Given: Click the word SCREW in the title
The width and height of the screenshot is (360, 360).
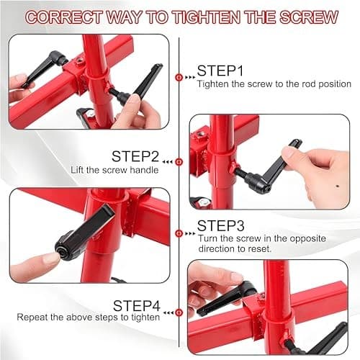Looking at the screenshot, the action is pos(309,17).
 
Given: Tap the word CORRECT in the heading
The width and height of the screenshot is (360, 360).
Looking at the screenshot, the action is pos(63,17).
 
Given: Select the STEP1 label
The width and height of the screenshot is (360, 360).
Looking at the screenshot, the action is pos(220,71).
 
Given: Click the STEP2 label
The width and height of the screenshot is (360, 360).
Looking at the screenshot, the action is pos(135,156).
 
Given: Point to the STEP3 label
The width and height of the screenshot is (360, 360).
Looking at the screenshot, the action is pos(221,225).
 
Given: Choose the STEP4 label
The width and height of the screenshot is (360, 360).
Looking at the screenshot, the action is pos(137,306).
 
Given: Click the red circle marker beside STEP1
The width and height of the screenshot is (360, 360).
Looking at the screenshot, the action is pos(179,77).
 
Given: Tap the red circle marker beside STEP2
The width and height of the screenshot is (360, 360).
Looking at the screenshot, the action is pos(179,162).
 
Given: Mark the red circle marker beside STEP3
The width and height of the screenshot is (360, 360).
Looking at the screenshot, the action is pos(179,233).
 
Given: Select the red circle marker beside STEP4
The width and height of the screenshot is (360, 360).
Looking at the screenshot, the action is pos(179,312).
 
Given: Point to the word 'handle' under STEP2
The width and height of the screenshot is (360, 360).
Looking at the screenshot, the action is pos(144,170).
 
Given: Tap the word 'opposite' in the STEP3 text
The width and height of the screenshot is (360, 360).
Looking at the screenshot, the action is pos(308,239).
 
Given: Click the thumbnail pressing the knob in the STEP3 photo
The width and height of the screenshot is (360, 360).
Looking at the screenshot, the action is pos(50,258).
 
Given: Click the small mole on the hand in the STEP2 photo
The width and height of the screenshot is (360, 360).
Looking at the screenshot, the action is pos(338,186).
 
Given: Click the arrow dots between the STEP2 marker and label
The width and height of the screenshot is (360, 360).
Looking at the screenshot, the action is pos(168,162).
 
